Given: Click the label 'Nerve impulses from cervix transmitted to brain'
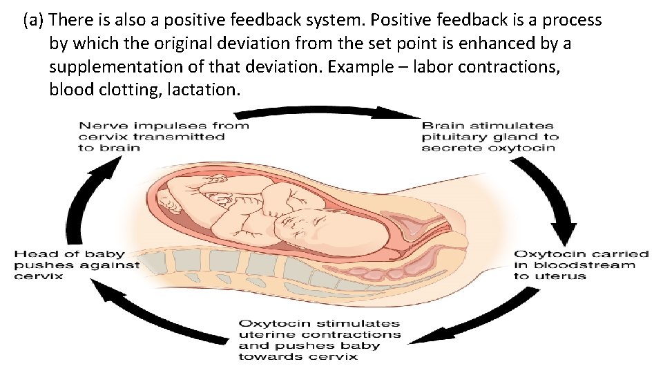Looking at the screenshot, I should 163,137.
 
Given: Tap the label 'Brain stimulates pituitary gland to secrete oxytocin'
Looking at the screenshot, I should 489,137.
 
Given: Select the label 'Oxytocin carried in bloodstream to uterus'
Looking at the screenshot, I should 582,265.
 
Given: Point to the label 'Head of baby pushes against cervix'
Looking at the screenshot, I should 77,265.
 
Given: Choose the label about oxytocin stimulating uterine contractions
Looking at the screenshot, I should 319,339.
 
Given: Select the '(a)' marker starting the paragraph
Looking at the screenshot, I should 33,21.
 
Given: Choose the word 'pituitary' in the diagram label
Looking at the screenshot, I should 454,137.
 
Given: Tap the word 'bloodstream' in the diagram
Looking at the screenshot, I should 584,265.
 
